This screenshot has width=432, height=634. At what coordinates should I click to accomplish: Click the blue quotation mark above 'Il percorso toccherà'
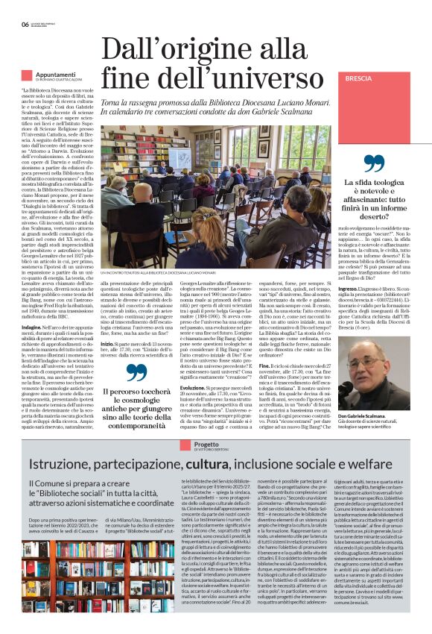(x=136, y=372)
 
